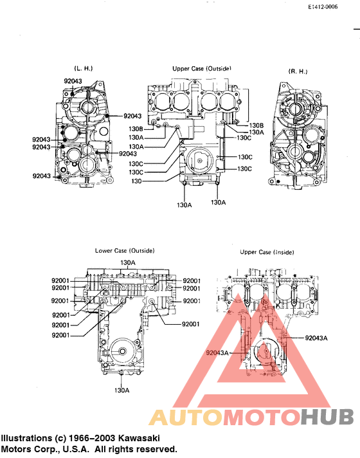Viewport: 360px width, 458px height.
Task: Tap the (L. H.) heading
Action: (85, 68)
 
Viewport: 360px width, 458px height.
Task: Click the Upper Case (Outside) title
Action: (201, 68)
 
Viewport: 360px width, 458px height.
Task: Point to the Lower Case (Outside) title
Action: (124, 250)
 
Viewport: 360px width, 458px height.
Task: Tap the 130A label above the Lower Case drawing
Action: (127, 262)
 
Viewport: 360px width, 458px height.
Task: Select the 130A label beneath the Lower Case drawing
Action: (122, 390)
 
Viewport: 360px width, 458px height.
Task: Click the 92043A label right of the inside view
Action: (317, 337)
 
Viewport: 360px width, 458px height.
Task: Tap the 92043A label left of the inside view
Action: (217, 353)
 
